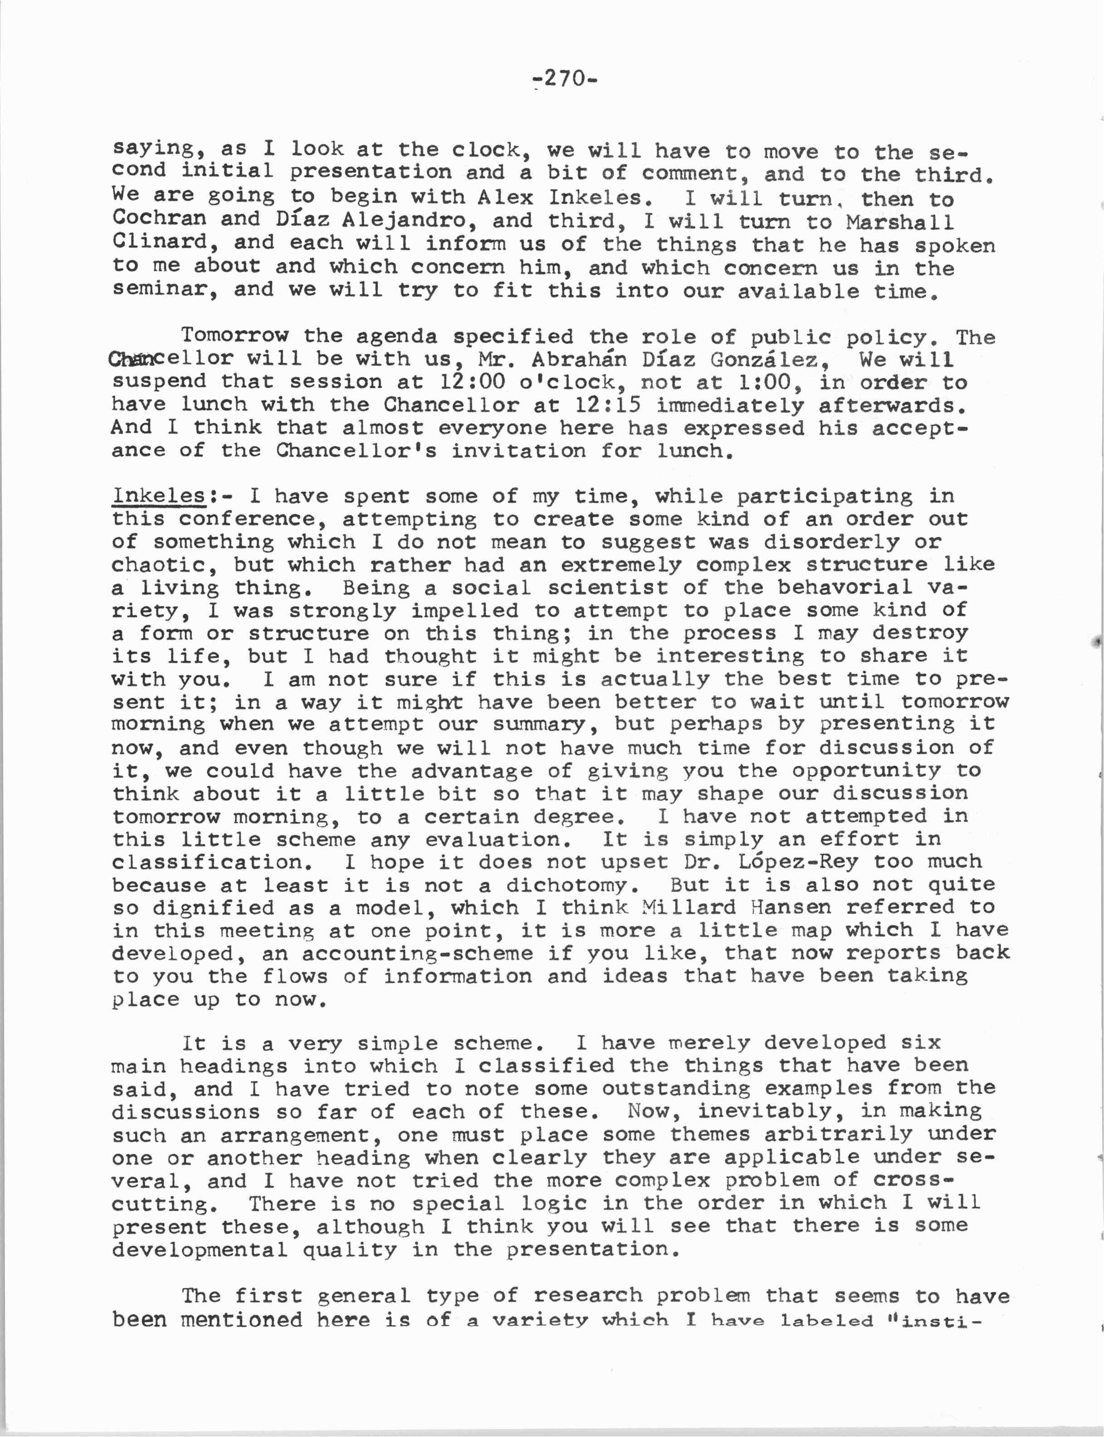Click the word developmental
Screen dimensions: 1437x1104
(x=200, y=1249)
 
